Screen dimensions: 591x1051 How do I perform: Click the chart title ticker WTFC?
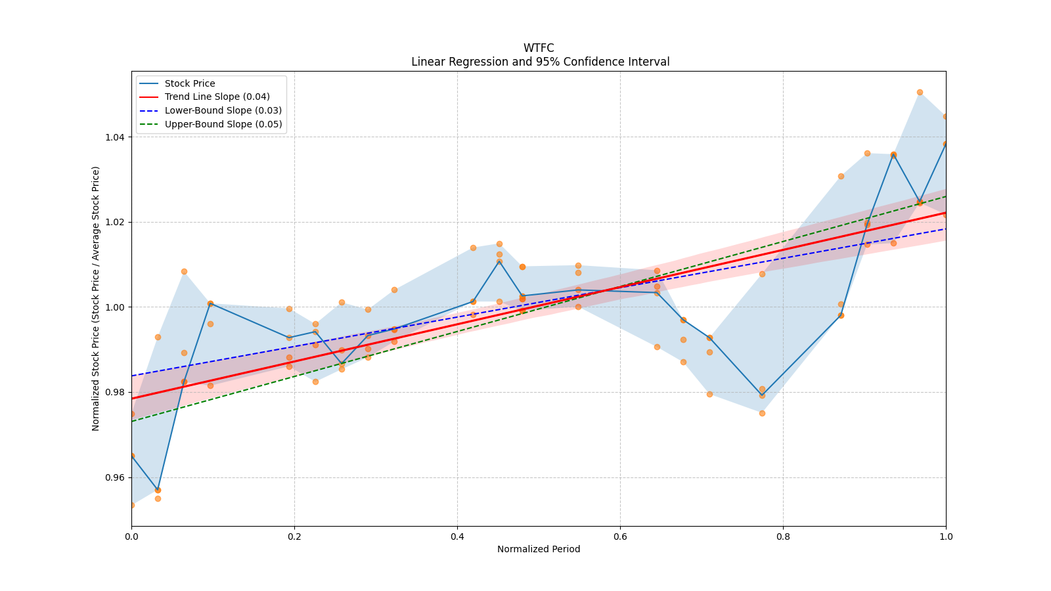pyautogui.click(x=539, y=48)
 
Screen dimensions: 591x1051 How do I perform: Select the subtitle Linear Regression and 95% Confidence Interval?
pyautogui.click(x=540, y=62)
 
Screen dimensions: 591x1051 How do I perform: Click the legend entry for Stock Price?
pyautogui.click(x=190, y=83)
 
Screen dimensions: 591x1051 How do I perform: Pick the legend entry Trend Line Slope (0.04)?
pyautogui.click(x=217, y=97)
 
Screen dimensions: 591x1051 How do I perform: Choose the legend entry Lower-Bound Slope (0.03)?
pyautogui.click(x=223, y=110)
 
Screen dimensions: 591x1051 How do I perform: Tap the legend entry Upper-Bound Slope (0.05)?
pyautogui.click(x=223, y=124)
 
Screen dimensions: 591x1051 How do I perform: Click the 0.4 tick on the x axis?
pyautogui.click(x=457, y=536)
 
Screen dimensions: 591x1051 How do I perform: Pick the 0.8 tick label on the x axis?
pyautogui.click(x=783, y=536)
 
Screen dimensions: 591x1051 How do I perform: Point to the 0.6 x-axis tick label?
pyautogui.click(x=620, y=536)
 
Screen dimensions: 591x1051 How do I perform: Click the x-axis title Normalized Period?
pyautogui.click(x=539, y=549)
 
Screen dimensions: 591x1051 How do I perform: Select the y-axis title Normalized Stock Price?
pyautogui.click(x=96, y=299)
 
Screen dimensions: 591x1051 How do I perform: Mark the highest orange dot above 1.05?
pyautogui.click(x=920, y=93)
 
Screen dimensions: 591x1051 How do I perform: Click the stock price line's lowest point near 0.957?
pyautogui.click(x=158, y=490)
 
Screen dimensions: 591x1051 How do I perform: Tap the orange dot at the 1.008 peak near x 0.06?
pyautogui.click(x=184, y=271)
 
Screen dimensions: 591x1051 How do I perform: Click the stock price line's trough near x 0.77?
pyautogui.click(x=762, y=395)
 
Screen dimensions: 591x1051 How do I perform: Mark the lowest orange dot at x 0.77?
pyautogui.click(x=762, y=413)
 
